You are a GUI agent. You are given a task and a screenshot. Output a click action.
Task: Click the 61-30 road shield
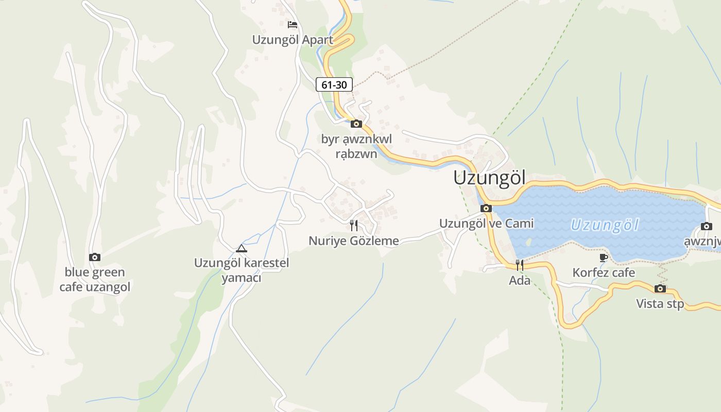coord(334,84)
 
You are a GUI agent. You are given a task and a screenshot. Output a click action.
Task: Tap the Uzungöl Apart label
coord(293,40)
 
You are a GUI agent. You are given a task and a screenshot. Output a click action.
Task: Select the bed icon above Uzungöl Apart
coord(293,24)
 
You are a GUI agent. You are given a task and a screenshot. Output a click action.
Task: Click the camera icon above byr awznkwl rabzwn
coord(356,124)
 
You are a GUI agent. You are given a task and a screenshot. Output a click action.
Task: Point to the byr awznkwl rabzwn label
coord(356,146)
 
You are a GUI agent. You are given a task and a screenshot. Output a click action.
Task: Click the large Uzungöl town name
coord(489,178)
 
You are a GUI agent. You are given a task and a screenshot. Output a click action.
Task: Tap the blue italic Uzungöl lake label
coord(605,225)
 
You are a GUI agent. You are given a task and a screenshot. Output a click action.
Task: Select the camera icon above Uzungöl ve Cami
coord(486,209)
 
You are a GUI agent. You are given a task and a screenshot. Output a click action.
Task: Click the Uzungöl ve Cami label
coord(486,224)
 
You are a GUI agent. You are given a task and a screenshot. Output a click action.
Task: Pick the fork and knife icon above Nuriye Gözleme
coord(353,225)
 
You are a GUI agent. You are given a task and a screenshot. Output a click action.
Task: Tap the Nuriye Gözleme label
coord(354,241)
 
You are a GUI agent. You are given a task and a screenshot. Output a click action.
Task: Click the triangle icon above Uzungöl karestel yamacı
coord(241,248)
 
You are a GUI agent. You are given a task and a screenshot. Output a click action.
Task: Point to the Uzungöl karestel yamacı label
coord(242,270)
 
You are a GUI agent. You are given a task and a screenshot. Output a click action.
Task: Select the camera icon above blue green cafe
coord(95,257)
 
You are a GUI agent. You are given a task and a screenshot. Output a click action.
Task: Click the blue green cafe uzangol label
coord(95,280)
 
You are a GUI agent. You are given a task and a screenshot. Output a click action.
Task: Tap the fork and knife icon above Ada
coord(520,265)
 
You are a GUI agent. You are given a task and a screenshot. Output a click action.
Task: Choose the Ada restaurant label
coord(520,281)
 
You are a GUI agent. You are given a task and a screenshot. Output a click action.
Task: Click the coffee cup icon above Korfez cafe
coord(604,257)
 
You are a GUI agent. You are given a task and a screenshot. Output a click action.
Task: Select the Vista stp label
coord(660,304)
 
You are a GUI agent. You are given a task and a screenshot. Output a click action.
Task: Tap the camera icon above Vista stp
coord(660,288)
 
